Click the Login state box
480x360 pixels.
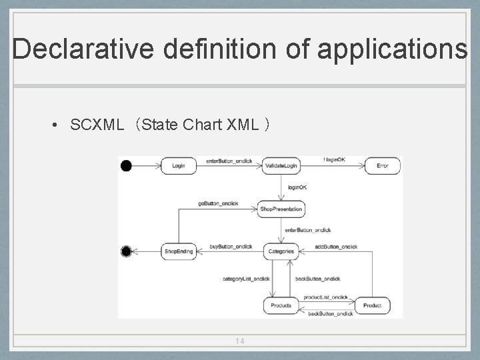[x=179, y=165]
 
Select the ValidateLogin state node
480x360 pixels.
[x=281, y=165]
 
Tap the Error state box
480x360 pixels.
[x=382, y=165]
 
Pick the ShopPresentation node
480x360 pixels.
[x=281, y=209]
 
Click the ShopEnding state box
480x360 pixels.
[x=179, y=251]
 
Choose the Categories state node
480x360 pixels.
[x=281, y=251]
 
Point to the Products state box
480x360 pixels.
[x=281, y=305]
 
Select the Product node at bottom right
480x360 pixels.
[x=372, y=305]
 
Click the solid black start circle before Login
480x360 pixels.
[x=126, y=165]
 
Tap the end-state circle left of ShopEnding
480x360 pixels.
[x=126, y=251]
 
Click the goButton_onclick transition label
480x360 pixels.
[x=218, y=203]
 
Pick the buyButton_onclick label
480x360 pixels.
[x=231, y=247]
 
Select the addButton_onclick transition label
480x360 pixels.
[x=337, y=247]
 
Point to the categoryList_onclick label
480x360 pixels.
[x=247, y=279]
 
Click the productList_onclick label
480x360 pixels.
[x=325, y=297]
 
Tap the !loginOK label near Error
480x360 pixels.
[x=334, y=160]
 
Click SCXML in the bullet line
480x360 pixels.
[x=97, y=125]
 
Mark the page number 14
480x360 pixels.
[x=240, y=341]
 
